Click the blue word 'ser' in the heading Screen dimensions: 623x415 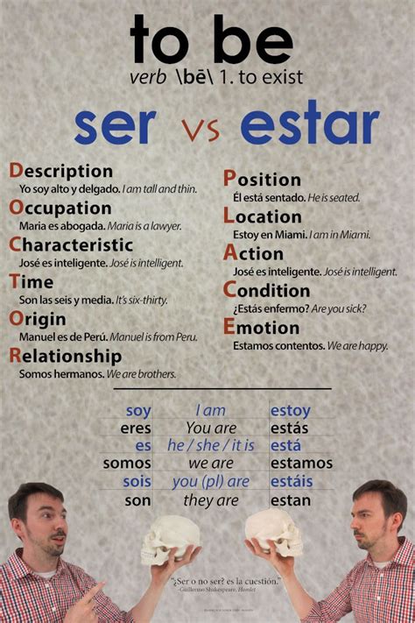pyautogui.click(x=114, y=127)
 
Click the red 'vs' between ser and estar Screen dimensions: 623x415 pyautogui.click(x=200, y=131)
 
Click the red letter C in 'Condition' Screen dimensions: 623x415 pyautogui.click(x=229, y=289)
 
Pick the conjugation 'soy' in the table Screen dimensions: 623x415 pyautogui.click(x=138, y=410)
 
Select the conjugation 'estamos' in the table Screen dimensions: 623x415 pyautogui.click(x=301, y=463)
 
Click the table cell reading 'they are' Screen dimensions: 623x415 pyautogui.click(x=211, y=500)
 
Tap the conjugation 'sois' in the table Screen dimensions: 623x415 pyautogui.click(x=137, y=481)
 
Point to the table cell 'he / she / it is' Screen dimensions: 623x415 pyautogui.click(x=210, y=445)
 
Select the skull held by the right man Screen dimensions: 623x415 pyautogui.click(x=273, y=529)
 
